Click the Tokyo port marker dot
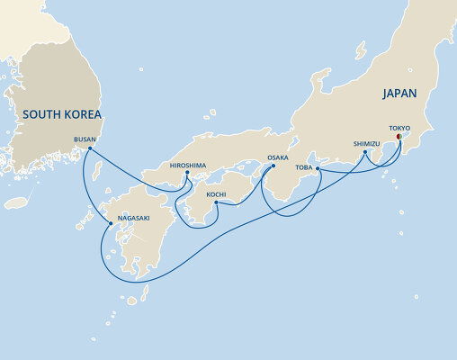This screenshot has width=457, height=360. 399,138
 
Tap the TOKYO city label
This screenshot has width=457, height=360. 400,128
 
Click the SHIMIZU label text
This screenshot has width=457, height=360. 367,142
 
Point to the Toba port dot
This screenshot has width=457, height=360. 320,167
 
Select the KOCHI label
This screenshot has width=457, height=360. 217,193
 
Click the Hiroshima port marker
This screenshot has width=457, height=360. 187,173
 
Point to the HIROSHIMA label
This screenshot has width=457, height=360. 189,164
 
